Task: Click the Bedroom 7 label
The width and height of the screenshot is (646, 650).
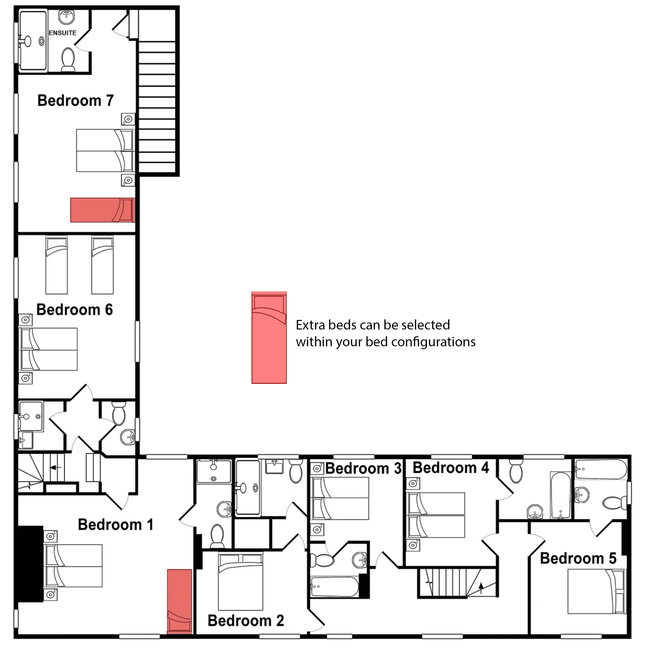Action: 75,100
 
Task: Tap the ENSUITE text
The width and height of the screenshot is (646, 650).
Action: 63,33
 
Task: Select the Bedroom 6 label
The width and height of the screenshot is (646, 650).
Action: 74,310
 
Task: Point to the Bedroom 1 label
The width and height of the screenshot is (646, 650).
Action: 115,525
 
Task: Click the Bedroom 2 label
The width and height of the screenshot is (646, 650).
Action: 246,621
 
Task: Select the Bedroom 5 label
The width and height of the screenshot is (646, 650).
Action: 578,558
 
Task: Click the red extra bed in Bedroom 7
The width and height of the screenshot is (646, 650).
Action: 103,210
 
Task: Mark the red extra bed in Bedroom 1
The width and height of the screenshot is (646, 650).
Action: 180,601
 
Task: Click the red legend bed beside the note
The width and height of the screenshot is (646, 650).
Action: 269,337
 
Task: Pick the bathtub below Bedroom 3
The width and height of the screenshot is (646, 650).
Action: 335,586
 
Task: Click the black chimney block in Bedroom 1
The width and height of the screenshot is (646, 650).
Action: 30,564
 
